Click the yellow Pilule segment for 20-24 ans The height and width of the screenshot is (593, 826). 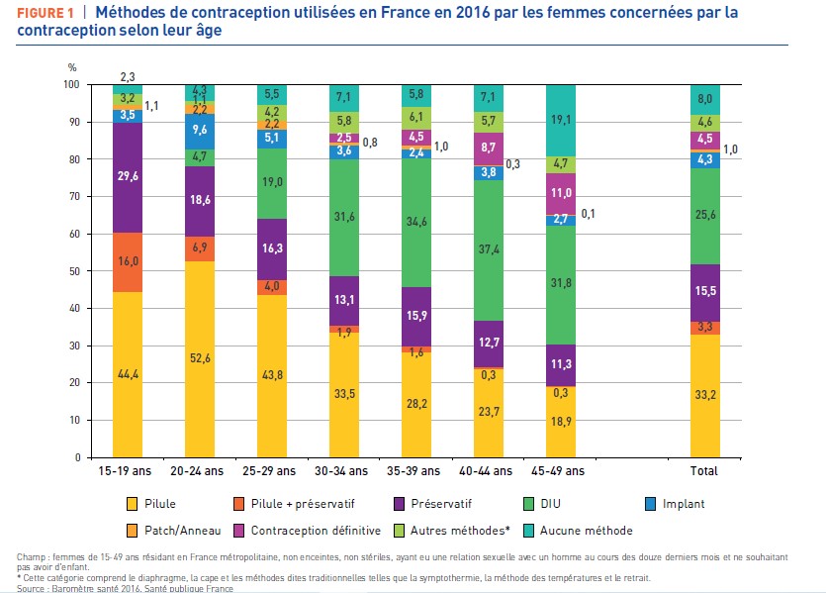click(x=202, y=358)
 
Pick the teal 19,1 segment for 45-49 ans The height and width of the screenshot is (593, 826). click(x=562, y=120)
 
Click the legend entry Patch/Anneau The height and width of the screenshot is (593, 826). click(x=179, y=531)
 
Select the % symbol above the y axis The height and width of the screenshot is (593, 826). click(x=71, y=67)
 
